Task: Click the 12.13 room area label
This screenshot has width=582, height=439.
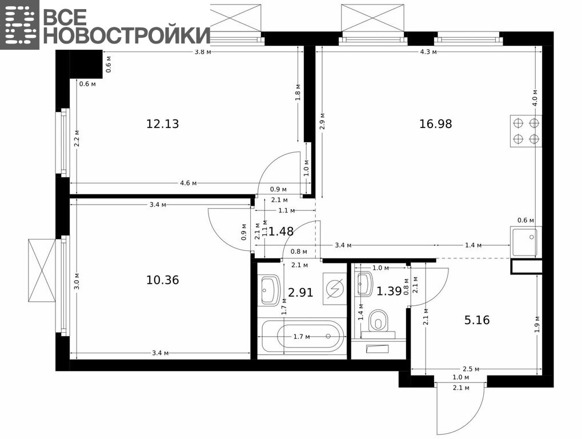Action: (163, 123)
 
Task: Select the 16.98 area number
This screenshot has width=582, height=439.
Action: (436, 123)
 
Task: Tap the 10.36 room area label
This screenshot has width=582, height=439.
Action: (163, 280)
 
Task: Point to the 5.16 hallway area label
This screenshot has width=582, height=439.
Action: (477, 320)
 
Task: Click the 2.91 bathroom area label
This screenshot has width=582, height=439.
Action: (300, 293)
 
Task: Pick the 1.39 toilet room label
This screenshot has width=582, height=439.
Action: (389, 291)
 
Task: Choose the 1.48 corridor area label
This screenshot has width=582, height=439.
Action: (281, 232)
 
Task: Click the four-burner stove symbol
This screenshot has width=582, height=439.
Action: (526, 131)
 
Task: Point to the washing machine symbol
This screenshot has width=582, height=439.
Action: (335, 289)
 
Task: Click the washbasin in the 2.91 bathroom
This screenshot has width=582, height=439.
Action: (270, 290)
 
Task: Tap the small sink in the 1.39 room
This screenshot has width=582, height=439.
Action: (364, 284)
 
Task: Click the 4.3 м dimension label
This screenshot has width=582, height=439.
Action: (428, 52)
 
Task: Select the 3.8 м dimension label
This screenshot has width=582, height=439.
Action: (203, 52)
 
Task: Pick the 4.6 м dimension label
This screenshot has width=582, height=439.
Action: (188, 183)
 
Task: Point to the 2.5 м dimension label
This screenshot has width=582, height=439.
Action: (471, 369)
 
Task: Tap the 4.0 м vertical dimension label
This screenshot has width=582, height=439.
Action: (535, 98)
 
